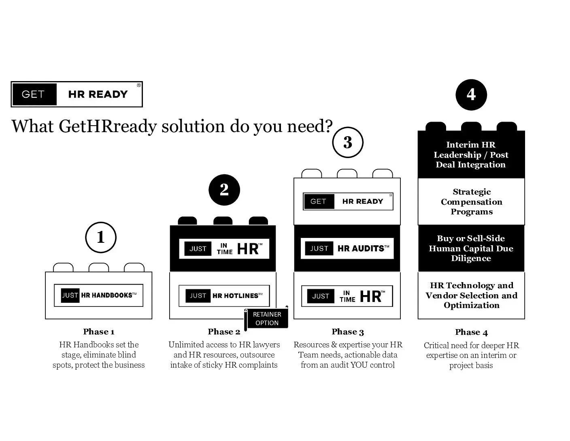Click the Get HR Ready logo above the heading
coord(77,94)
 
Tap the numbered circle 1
coord(101,237)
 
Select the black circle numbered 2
coord(224,190)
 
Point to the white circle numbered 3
coord(348,142)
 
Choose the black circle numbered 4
coord(471,94)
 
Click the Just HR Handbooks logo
coord(99,295)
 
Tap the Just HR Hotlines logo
coord(224,295)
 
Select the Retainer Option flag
coord(267,319)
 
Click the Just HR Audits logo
coord(347,248)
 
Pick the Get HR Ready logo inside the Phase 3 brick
coord(348,201)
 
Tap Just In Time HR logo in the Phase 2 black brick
coord(224,248)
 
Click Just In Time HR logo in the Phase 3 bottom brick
coord(347,296)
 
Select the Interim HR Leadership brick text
coord(471,155)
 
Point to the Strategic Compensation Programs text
coord(472,202)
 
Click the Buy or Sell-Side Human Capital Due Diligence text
coord(471,248)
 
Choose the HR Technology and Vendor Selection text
coord(472,295)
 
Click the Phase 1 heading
coord(99,332)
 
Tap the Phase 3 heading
coord(348,332)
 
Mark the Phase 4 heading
coord(471,332)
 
